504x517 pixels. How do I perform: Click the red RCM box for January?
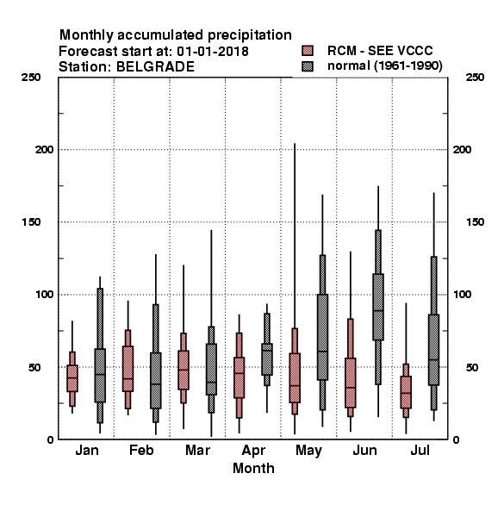[x=72, y=378]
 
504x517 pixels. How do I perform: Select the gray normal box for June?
[x=378, y=307]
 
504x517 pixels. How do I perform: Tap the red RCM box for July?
[x=406, y=392]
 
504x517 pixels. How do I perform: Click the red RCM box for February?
[x=128, y=369]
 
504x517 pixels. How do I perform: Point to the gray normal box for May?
[x=322, y=337]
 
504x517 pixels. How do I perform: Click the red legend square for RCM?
[x=308, y=51]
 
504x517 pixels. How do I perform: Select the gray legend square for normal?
[x=308, y=66]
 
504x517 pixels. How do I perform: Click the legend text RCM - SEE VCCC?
[x=380, y=51]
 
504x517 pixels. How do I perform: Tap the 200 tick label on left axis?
[x=44, y=150]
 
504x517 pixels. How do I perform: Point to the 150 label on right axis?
[x=475, y=222]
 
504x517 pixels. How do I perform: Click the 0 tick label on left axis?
[x=50, y=439]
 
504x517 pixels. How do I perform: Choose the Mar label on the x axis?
[x=197, y=450]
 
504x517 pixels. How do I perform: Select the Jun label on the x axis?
[x=364, y=450]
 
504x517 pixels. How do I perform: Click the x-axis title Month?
[x=253, y=468]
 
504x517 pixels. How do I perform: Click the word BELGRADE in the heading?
[x=155, y=66]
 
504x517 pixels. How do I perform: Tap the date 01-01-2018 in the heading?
[x=213, y=51]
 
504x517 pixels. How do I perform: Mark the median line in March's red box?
[x=184, y=370]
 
